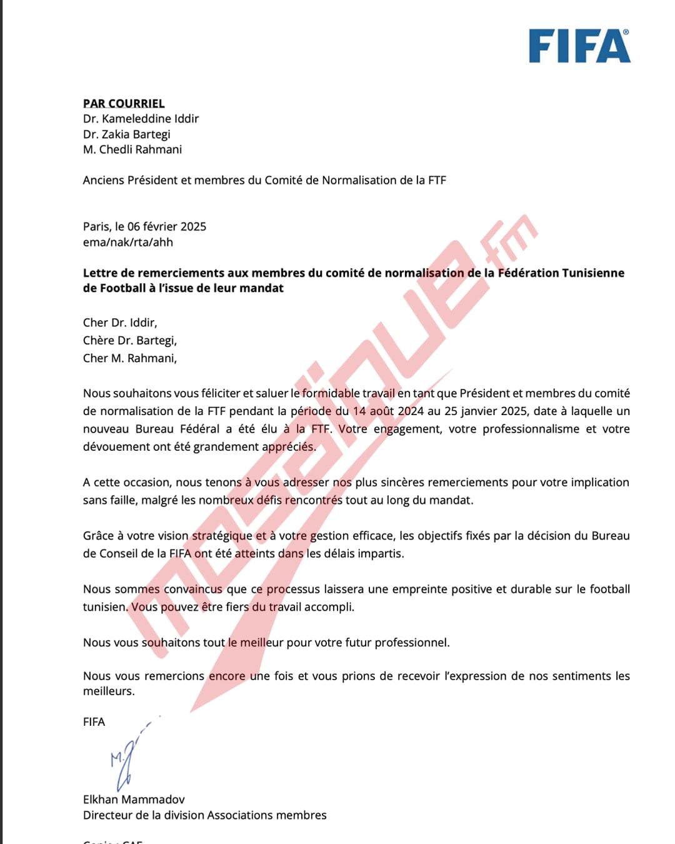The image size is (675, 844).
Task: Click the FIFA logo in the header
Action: [x=579, y=46]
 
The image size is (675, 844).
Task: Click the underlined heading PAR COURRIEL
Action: [x=124, y=103]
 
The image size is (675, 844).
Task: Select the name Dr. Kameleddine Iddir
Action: [x=141, y=119]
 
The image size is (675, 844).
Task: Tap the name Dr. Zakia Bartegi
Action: [x=126, y=134]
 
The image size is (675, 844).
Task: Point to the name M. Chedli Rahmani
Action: [x=132, y=149]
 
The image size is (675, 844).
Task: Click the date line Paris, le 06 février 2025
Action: [x=144, y=226]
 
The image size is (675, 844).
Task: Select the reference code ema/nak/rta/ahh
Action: [x=127, y=242]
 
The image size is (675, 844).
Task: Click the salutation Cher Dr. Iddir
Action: [x=120, y=323]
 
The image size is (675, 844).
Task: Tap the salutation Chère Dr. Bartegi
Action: [x=130, y=341]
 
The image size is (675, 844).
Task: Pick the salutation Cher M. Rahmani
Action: [x=130, y=358]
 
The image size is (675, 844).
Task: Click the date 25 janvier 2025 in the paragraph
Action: [x=486, y=411]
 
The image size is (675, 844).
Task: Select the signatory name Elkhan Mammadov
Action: [x=134, y=800]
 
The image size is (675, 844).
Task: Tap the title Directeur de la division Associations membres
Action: [x=204, y=815]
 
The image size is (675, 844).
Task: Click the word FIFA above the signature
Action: [x=94, y=721]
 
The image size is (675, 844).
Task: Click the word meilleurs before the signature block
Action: [x=108, y=691]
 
